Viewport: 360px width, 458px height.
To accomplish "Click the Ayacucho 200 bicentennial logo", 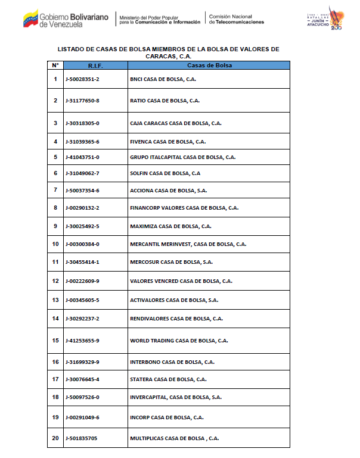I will click(x=331, y=19).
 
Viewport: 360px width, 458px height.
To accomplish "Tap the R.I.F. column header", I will click(x=95, y=65).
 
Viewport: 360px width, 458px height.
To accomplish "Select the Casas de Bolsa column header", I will click(x=209, y=65).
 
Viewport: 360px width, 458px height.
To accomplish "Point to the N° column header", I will click(x=55, y=65).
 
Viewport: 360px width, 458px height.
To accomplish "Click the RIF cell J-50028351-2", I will click(x=82, y=79).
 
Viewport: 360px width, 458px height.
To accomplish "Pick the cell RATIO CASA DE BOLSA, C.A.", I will click(x=165, y=101).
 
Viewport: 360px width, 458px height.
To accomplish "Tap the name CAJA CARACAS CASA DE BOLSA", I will click(x=175, y=123).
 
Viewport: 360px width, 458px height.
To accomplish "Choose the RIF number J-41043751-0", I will click(x=82, y=157).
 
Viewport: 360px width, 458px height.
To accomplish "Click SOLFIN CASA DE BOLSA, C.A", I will click(x=165, y=173).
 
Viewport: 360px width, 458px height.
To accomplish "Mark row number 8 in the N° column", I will click(x=55, y=208).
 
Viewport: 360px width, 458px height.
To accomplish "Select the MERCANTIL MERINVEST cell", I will click(x=188, y=244).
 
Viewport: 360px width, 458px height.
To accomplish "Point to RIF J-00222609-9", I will click(x=82, y=281).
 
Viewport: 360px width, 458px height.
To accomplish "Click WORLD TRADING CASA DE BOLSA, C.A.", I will click(x=179, y=341).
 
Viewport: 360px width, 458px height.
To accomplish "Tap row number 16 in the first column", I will click(x=55, y=362).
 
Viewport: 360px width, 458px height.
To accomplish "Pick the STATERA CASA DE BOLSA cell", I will click(x=168, y=379).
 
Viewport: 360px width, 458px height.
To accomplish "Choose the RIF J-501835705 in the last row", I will click(x=82, y=438).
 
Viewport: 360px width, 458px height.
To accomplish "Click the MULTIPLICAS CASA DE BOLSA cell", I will click(x=174, y=438).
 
